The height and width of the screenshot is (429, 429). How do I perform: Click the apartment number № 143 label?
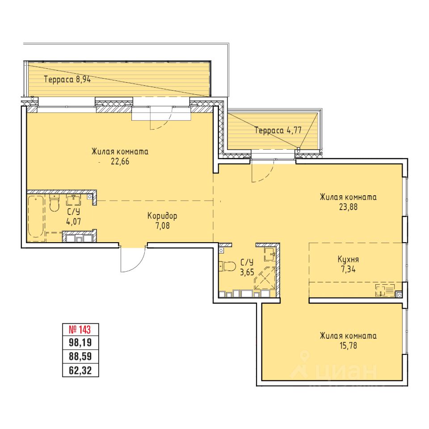(80, 330)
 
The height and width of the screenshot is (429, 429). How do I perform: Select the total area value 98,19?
(80, 343)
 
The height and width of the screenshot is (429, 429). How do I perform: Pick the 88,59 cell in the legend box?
(80, 357)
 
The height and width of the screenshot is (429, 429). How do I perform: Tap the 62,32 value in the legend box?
(80, 371)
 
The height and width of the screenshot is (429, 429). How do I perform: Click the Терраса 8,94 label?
(67, 80)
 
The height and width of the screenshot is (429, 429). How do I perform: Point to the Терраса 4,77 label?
(278, 130)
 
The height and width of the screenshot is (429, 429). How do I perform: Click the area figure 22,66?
(120, 161)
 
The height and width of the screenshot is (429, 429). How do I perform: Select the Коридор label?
(162, 216)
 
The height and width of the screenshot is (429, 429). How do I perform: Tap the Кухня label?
(348, 259)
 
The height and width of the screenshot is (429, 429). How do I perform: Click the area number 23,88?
(348, 207)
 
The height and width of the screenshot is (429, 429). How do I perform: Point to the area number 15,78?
(348, 345)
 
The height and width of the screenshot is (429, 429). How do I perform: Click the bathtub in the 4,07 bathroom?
(36, 216)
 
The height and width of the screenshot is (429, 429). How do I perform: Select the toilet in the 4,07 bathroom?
(54, 203)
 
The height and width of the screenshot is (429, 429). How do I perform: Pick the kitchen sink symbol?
(385, 290)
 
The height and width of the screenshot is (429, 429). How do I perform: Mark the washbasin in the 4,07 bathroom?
(74, 200)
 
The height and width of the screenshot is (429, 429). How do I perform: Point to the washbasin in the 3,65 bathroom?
(270, 254)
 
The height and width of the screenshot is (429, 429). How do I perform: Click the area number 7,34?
(348, 269)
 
